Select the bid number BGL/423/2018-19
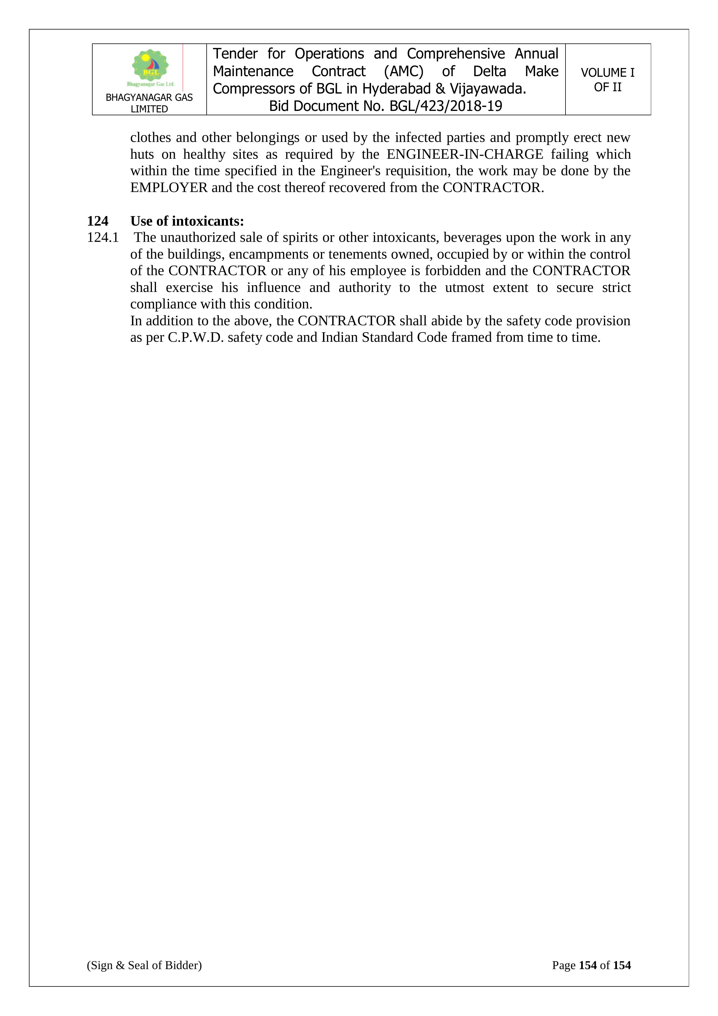(446, 106)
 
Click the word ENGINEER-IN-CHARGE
(465, 154)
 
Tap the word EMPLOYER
(169, 188)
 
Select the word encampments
(277, 255)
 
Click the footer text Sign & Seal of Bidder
(144, 965)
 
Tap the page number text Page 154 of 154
(591, 965)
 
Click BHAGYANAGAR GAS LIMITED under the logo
(149, 103)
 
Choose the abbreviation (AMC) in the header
(404, 71)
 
